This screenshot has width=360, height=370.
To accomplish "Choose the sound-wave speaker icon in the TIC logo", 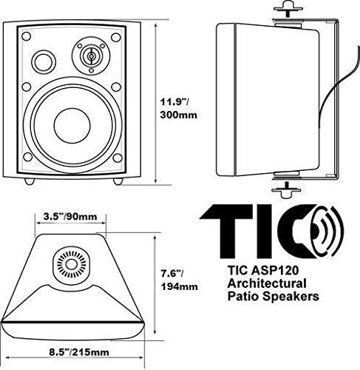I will (x=323, y=229).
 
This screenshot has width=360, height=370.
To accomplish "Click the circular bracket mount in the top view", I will (x=72, y=263).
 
